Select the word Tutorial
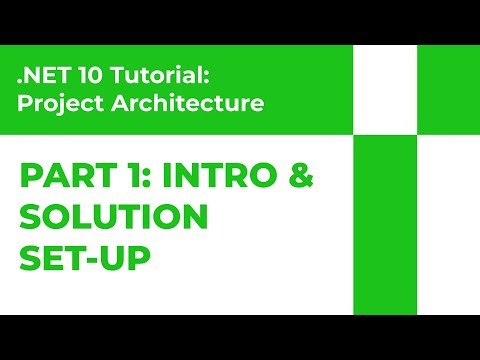pos(139,75)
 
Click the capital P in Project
pos(25,102)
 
